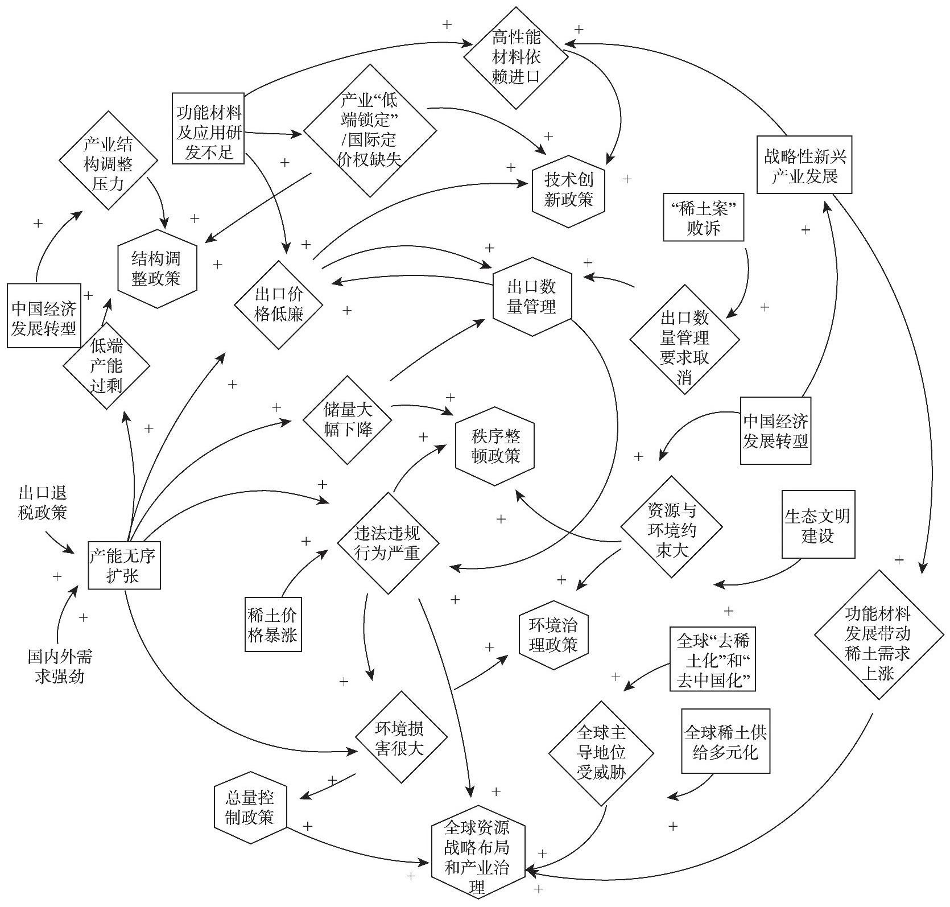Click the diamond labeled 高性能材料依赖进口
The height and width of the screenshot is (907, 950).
(x=516, y=57)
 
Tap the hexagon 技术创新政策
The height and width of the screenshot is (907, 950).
(x=569, y=191)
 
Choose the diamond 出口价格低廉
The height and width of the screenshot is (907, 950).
(x=279, y=304)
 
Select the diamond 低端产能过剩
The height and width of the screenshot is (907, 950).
(x=106, y=366)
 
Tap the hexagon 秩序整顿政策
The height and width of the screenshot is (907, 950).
(x=495, y=446)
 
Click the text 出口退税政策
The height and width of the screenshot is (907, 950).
(x=43, y=502)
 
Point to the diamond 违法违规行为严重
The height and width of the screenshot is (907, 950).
(x=387, y=543)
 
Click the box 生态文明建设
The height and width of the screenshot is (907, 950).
(x=818, y=525)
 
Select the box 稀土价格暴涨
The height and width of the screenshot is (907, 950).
(x=272, y=624)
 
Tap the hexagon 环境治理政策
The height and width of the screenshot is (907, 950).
(x=554, y=636)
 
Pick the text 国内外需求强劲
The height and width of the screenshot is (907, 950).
(x=60, y=667)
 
